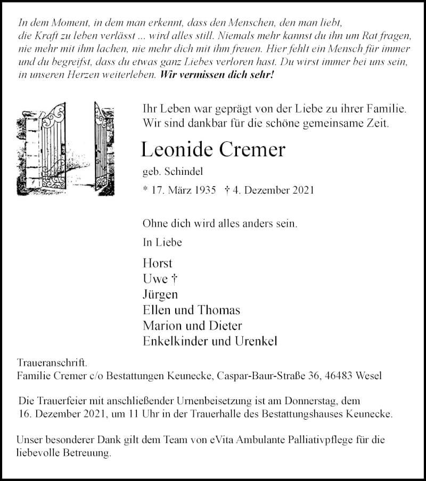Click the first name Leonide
176,150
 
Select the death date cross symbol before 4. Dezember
227,190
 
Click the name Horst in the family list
158,263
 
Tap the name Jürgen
160,294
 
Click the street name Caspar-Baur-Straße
264,376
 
